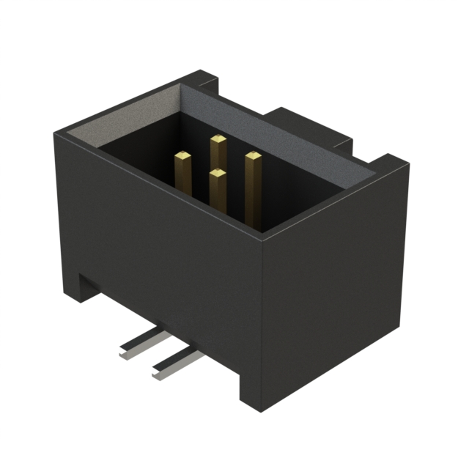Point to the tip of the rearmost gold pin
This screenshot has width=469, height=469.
(x=218, y=138)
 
